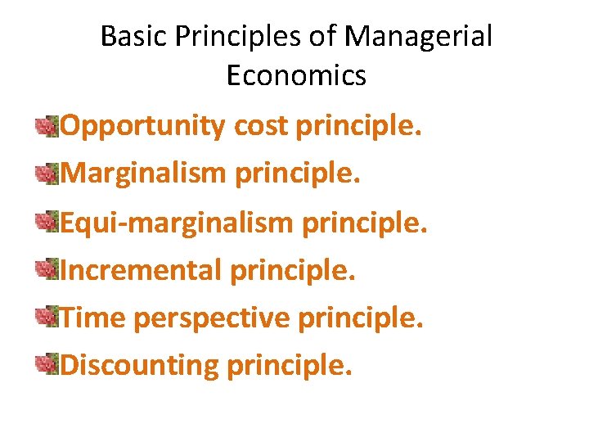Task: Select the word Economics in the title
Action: click(296, 76)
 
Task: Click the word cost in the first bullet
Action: click(261, 127)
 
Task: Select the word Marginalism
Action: click(144, 173)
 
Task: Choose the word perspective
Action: click(212, 317)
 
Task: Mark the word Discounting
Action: click(141, 364)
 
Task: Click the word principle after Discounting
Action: click(290, 364)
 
